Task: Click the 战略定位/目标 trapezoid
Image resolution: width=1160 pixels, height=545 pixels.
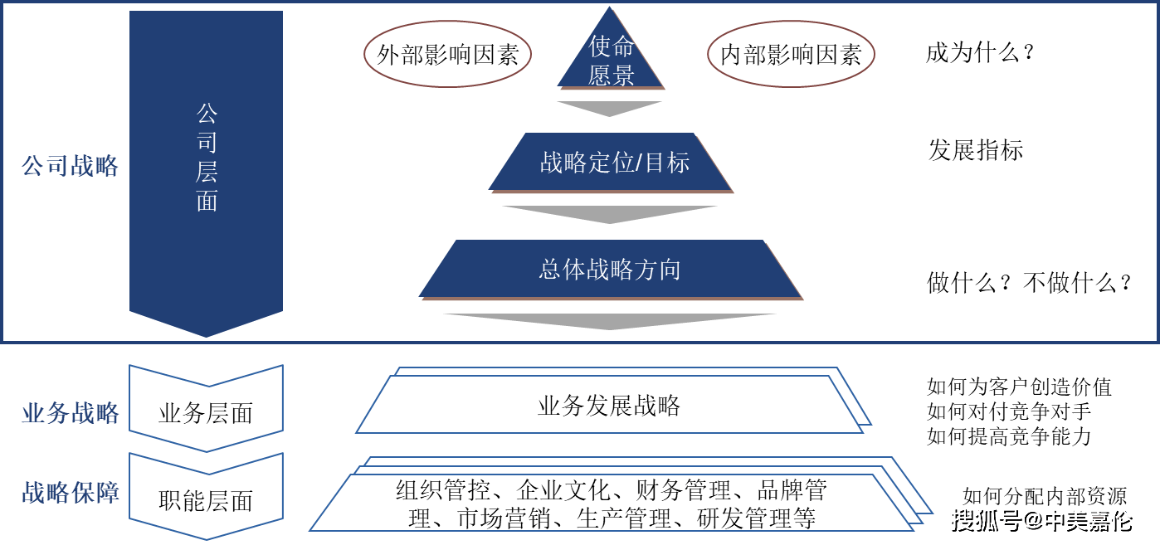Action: [611, 163]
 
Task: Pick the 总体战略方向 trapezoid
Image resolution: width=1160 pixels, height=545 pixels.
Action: [611, 270]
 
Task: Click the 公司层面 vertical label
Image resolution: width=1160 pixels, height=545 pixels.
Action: [207, 158]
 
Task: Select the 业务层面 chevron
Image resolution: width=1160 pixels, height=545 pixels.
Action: [206, 408]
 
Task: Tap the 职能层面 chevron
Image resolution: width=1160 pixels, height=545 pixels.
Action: [206, 496]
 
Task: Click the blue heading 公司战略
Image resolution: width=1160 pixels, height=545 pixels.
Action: [70, 166]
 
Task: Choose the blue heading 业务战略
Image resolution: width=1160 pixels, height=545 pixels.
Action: [71, 413]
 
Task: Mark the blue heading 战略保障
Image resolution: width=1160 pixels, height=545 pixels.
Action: [71, 492]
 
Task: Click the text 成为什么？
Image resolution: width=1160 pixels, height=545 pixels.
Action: [980, 53]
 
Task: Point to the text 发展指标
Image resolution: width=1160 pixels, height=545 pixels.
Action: [976, 150]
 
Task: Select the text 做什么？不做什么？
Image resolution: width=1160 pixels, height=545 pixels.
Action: [1028, 283]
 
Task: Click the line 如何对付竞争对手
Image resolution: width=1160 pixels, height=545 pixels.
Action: [1009, 411]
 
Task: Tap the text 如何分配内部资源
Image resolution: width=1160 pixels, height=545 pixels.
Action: [1045, 496]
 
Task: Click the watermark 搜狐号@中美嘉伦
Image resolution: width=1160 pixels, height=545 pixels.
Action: [1042, 521]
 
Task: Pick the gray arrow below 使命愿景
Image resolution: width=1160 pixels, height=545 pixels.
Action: [610, 109]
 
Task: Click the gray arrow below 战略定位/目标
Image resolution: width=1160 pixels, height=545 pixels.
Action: [610, 215]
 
